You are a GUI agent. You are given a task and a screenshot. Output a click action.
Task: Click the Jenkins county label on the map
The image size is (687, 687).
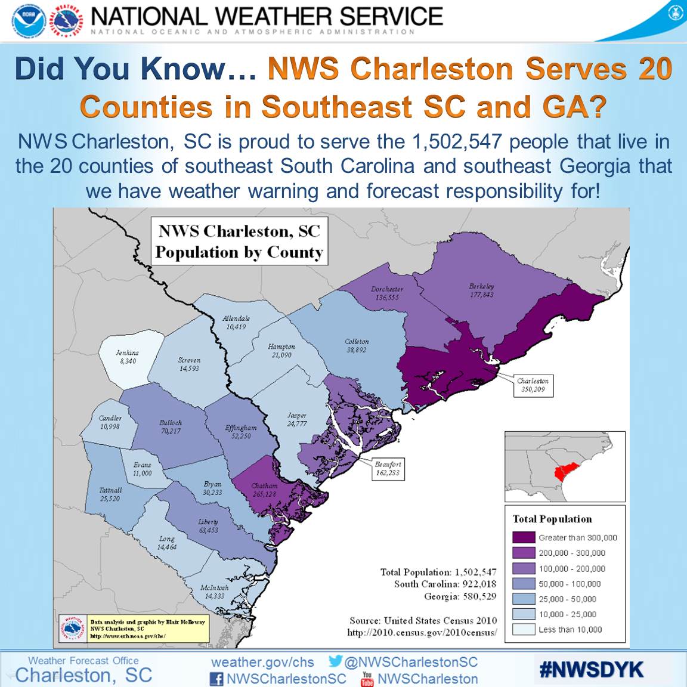127,357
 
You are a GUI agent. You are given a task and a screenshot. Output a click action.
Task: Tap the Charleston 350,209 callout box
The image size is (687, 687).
533,385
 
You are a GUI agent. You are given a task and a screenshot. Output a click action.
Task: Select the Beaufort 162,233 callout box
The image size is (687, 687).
388,468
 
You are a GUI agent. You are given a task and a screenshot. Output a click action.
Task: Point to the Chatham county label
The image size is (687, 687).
264,490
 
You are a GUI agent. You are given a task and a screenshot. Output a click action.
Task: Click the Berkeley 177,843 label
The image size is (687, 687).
481,290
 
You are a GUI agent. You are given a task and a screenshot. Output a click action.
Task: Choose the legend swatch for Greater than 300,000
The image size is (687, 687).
524,537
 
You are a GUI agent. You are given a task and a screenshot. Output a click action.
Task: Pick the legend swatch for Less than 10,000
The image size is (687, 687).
524,629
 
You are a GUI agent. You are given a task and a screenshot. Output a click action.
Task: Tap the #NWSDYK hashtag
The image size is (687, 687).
591,670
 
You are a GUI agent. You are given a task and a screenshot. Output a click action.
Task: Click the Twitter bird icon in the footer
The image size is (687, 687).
335,661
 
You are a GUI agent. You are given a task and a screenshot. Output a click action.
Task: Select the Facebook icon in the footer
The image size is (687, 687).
216,679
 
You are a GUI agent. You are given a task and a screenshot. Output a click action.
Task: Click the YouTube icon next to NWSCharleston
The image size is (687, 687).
367,679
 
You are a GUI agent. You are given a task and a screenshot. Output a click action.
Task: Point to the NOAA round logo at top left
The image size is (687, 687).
29,21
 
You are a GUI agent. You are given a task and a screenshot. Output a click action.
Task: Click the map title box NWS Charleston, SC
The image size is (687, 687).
239,242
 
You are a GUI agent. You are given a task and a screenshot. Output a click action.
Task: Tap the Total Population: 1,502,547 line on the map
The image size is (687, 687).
438,572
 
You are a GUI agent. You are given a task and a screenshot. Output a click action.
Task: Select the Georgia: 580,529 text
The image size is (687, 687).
460,596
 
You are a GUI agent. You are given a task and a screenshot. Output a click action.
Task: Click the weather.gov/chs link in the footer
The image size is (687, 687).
262,662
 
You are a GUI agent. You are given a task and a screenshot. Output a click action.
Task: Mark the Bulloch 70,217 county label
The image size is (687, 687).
170,426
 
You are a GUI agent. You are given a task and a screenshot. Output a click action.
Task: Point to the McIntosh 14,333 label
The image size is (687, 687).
214,592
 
